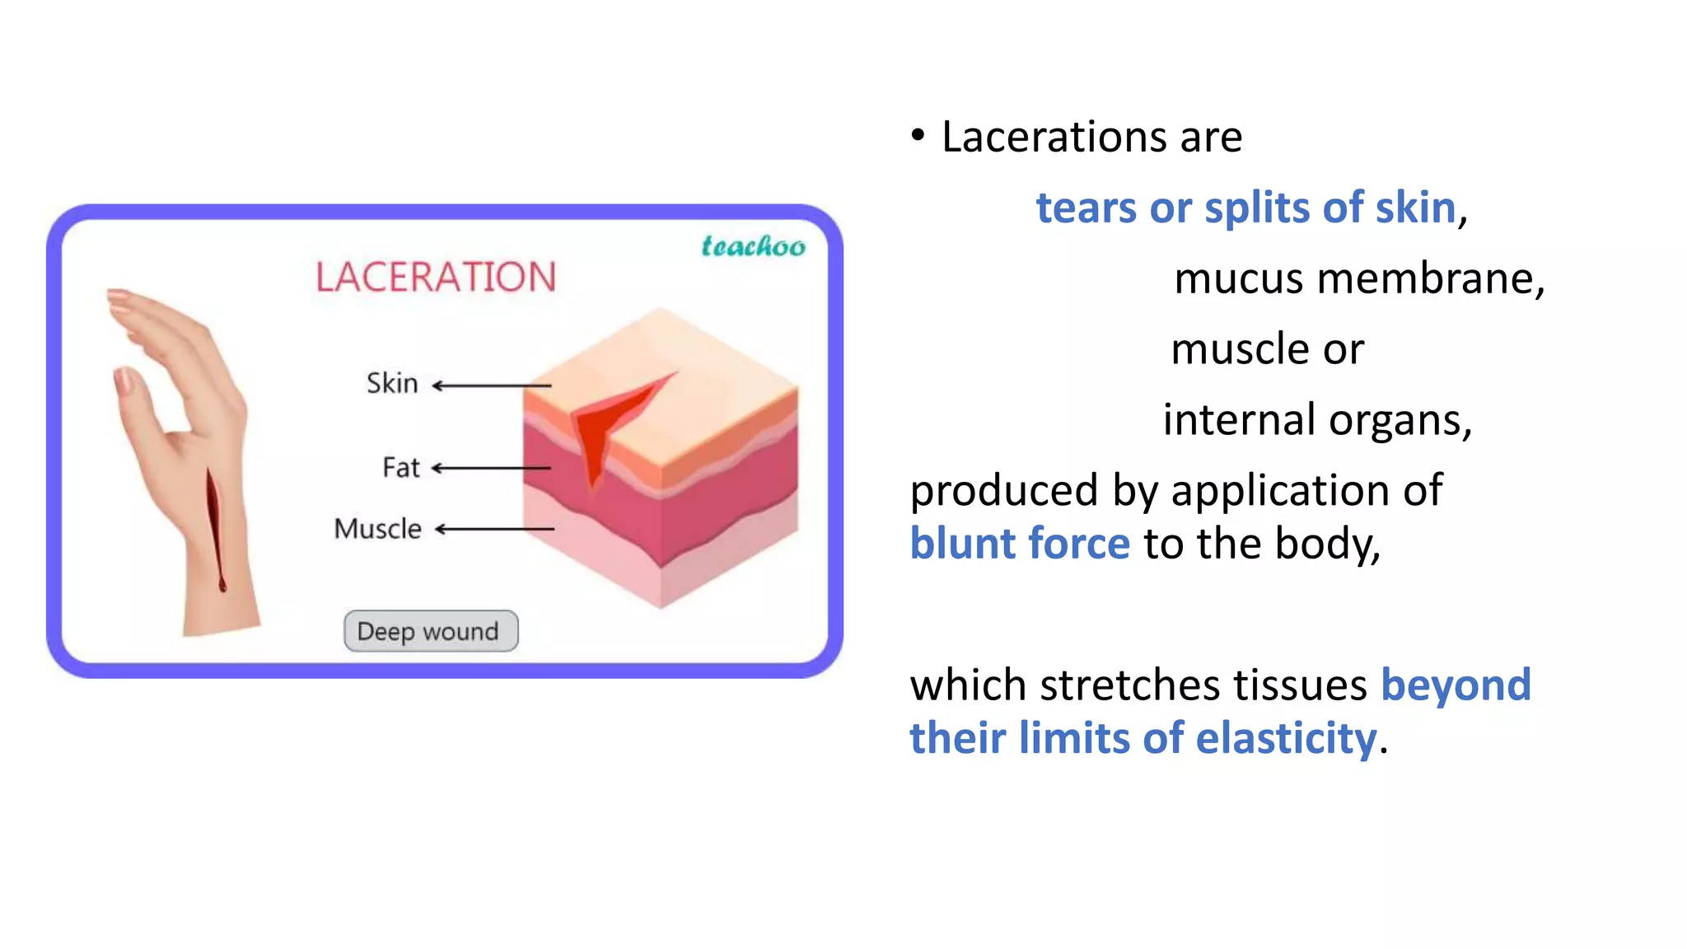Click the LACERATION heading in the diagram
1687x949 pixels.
click(436, 278)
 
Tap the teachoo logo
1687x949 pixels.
click(753, 246)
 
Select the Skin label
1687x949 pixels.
click(392, 384)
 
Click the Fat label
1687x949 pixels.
click(401, 468)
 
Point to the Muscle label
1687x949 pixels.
click(378, 529)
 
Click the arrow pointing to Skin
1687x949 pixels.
click(492, 386)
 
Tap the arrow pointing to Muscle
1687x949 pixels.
click(494, 529)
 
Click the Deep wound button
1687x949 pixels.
click(431, 631)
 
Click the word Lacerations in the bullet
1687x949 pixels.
click(1054, 137)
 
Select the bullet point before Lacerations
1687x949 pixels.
click(918, 136)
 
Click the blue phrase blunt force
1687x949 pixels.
click(1020, 544)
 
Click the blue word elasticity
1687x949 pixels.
click(1286, 738)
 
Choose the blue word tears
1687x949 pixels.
click(1086, 208)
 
